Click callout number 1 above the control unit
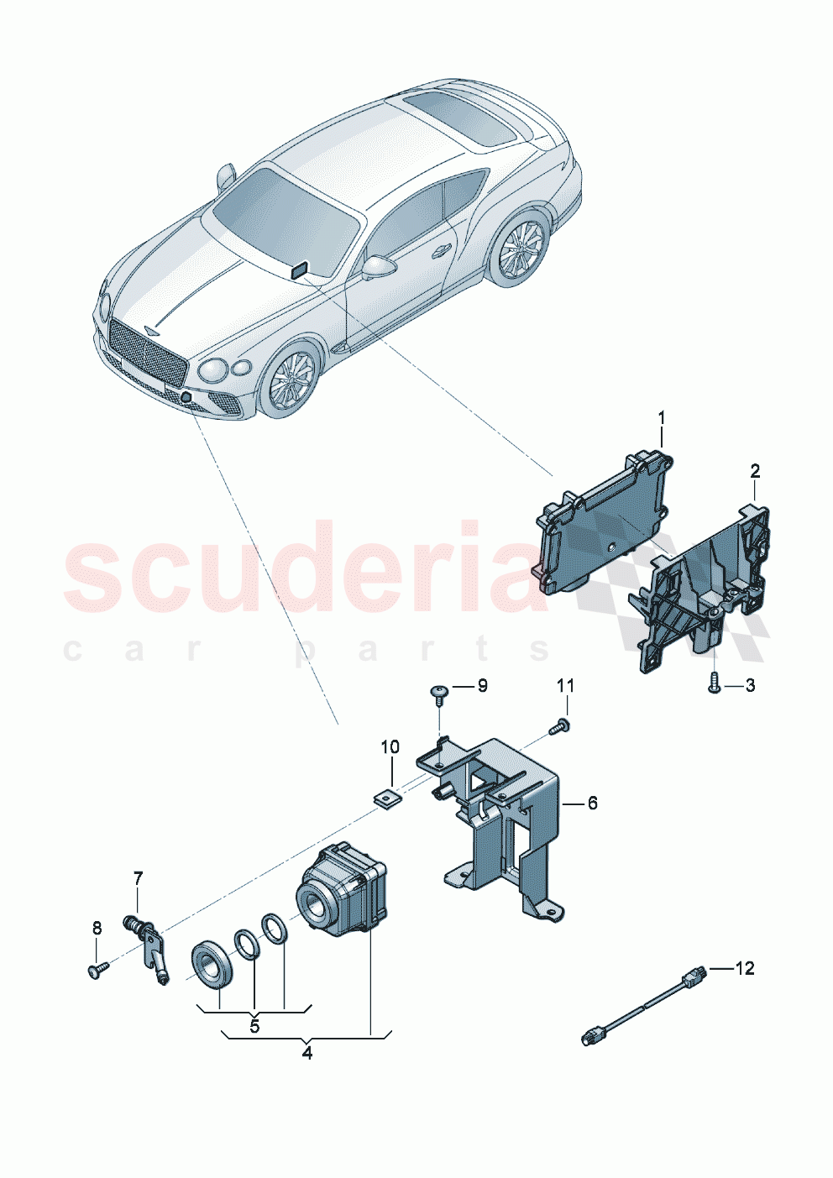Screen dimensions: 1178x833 tap(661, 417)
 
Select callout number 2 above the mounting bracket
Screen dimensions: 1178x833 tap(755, 471)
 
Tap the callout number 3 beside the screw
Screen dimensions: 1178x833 tap(750, 686)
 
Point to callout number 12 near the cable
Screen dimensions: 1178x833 tap(745, 968)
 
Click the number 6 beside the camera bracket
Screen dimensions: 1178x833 tap(592, 804)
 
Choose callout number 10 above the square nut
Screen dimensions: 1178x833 tap(390, 747)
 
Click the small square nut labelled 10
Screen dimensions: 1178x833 tap(388, 797)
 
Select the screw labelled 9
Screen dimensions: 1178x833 tap(439, 692)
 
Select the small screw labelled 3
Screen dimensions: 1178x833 tap(713, 683)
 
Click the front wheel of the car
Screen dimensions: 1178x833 tap(290, 380)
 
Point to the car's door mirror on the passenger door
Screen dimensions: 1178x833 tap(378, 268)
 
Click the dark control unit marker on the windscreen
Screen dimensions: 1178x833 tap(299, 270)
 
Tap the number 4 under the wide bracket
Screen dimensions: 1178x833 tap(307, 1053)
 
